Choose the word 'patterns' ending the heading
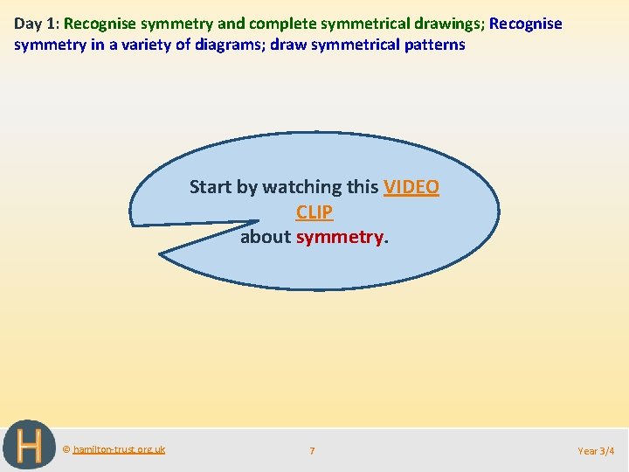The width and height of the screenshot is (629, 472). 433,44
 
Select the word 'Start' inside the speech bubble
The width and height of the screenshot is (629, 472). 211,187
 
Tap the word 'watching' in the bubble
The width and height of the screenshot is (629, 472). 302,187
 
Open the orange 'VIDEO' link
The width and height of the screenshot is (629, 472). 411,187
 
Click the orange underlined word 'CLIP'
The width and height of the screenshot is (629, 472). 314,212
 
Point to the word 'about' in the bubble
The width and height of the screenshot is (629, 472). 266,237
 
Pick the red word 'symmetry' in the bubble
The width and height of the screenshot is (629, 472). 340,237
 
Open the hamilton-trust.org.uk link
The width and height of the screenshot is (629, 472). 118,449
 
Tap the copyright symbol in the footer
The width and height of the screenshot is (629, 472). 66,449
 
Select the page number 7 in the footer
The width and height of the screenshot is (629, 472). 312,451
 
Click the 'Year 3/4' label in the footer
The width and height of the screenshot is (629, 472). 596,451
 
